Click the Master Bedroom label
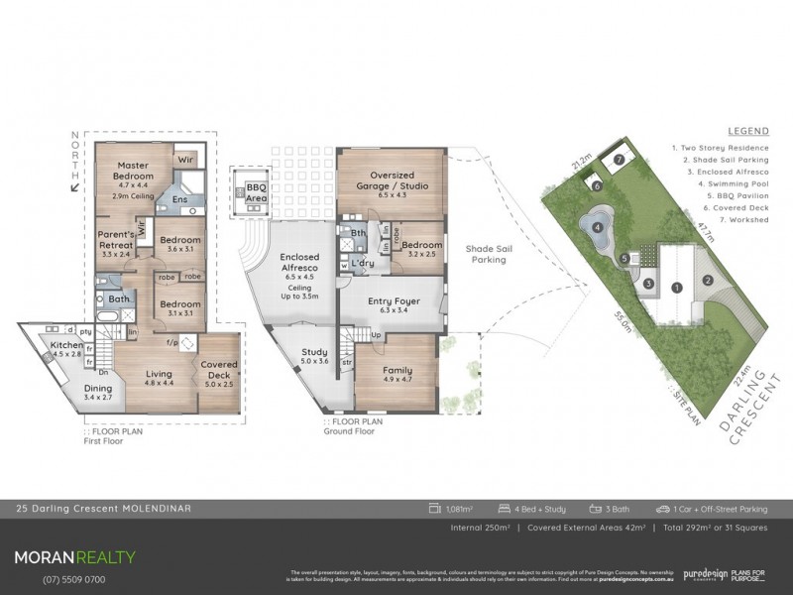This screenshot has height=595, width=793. (x=132, y=173)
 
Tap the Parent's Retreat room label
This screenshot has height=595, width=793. (x=118, y=240)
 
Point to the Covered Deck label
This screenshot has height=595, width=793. (x=219, y=371)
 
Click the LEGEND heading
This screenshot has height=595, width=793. (x=747, y=131)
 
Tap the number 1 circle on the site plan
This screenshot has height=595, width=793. (x=676, y=288)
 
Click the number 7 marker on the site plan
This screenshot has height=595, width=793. (x=619, y=159)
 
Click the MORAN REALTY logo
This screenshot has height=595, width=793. (x=74, y=557)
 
